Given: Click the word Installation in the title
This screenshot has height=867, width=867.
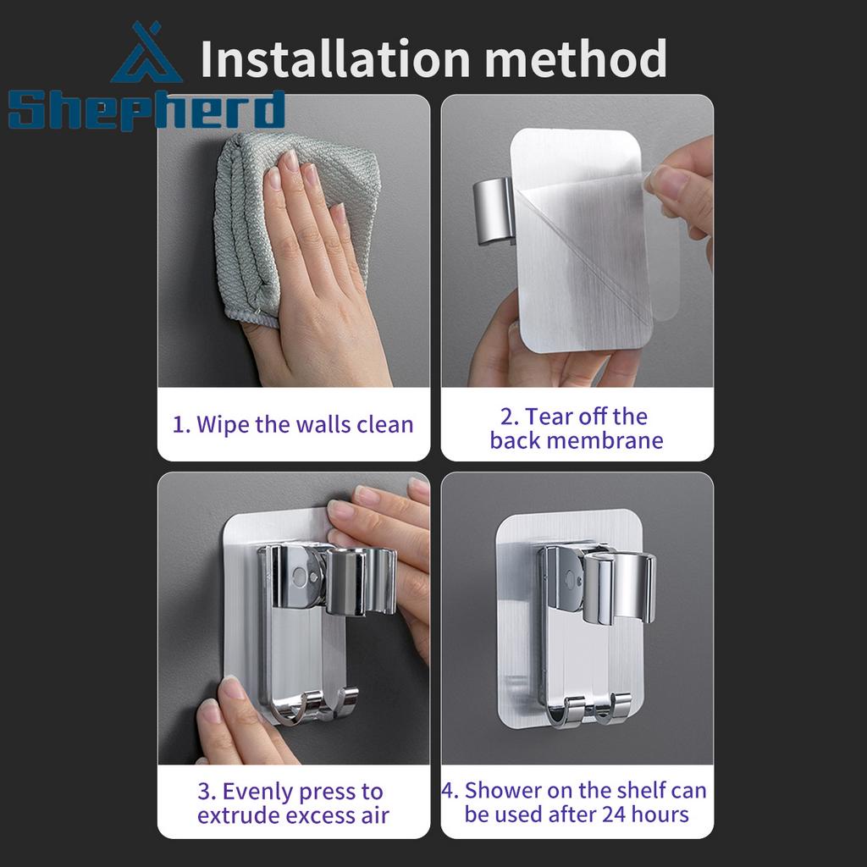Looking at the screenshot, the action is pyautogui.click(x=335, y=58).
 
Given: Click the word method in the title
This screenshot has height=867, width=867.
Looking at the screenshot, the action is pyautogui.click(x=575, y=58).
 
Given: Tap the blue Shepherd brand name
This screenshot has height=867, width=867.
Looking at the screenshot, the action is pyautogui.click(x=147, y=110).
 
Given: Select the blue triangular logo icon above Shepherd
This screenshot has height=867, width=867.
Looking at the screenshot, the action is pyautogui.click(x=146, y=52).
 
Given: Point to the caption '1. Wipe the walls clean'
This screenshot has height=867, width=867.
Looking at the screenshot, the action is pyautogui.click(x=293, y=425).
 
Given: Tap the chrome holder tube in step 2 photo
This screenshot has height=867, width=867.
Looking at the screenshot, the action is pyautogui.click(x=493, y=210).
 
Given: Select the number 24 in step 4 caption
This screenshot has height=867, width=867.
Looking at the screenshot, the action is pyautogui.click(x=614, y=815).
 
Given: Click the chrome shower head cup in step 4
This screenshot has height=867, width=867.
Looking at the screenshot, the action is pyautogui.click(x=619, y=586).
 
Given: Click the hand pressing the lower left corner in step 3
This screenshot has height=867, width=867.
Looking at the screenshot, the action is pyautogui.click(x=243, y=719).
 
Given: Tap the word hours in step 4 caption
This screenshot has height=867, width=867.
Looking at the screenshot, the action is pyautogui.click(x=660, y=815).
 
